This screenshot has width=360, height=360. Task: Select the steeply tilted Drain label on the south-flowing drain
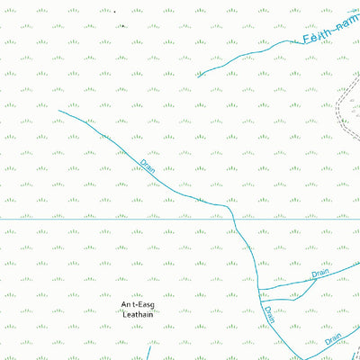pyautogui.click(x=269, y=315)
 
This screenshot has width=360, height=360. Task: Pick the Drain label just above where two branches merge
pyautogui.click(x=320, y=273)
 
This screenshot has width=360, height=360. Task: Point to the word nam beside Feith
pyautogui.click(x=347, y=22)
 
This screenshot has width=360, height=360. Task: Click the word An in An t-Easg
pyautogui.click(x=126, y=305)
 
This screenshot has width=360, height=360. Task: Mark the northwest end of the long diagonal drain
pyautogui.click(x=58, y=111)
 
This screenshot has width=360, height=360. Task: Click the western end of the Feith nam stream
pyautogui.click(x=199, y=76)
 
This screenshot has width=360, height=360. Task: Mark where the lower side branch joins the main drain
pyautogui.click(x=260, y=300)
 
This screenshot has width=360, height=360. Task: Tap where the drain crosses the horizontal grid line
pyautogui.click(x=233, y=219)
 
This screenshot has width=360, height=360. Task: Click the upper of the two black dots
pyautogui.click(x=114, y=12)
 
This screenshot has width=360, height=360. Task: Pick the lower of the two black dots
pyautogui.click(x=123, y=25)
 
